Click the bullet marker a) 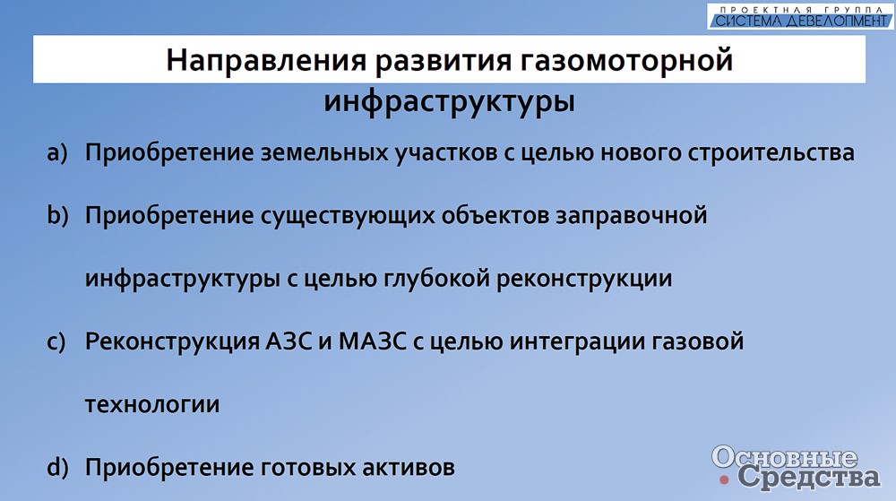[57, 153]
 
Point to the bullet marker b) [57, 215]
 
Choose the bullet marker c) [56, 341]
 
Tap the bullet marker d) [57, 467]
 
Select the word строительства [771, 153]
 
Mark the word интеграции [576, 342]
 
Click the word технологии [152, 404]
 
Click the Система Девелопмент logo [800, 16]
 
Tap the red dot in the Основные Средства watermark [725, 479]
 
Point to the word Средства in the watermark [809, 477]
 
